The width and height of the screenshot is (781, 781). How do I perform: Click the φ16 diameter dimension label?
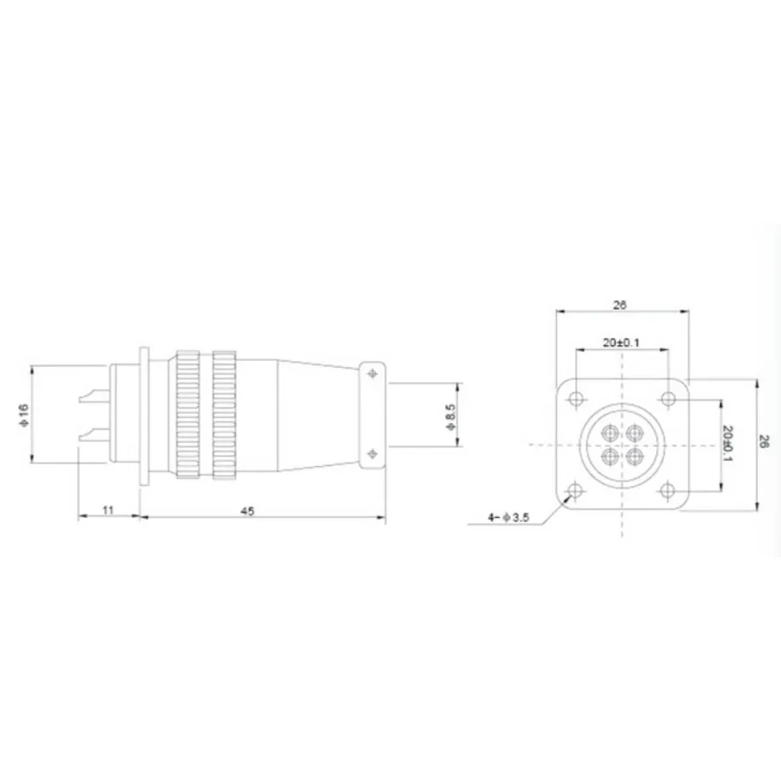click(x=24, y=415)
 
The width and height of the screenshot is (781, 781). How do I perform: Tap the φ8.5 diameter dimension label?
click(x=450, y=417)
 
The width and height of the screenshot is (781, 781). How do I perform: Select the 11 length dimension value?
click(x=108, y=509)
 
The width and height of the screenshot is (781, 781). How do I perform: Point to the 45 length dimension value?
click(x=247, y=510)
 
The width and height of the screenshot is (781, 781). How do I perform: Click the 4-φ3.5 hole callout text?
click(x=508, y=517)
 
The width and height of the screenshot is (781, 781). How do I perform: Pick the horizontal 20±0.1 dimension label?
click(x=621, y=342)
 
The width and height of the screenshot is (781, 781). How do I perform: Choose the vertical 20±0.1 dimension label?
click(x=727, y=443)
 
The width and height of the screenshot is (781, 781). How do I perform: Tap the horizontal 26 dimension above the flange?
click(x=620, y=305)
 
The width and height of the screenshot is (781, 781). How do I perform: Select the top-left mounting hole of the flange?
click(x=576, y=399)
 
